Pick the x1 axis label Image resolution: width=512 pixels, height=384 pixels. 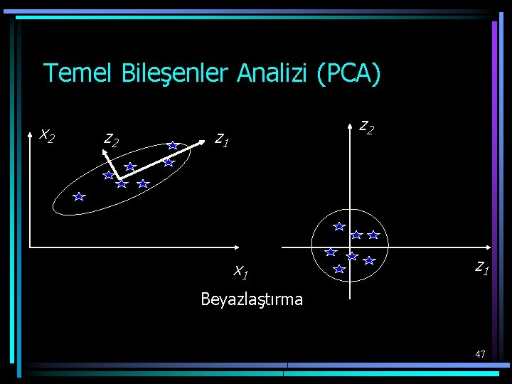click(x=240, y=271)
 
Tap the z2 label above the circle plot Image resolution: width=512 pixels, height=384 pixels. click(x=367, y=127)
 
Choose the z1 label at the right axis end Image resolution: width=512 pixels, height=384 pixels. click(x=481, y=267)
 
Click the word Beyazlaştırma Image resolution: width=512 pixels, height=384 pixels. click(x=252, y=299)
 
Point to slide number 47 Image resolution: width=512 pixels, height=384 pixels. click(x=480, y=353)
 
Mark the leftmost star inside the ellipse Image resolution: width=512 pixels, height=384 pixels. click(x=79, y=196)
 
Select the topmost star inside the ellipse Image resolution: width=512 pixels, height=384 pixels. click(x=173, y=145)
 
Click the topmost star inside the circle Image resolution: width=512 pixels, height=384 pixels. click(x=340, y=226)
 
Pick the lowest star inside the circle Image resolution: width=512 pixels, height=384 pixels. click(x=339, y=270)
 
